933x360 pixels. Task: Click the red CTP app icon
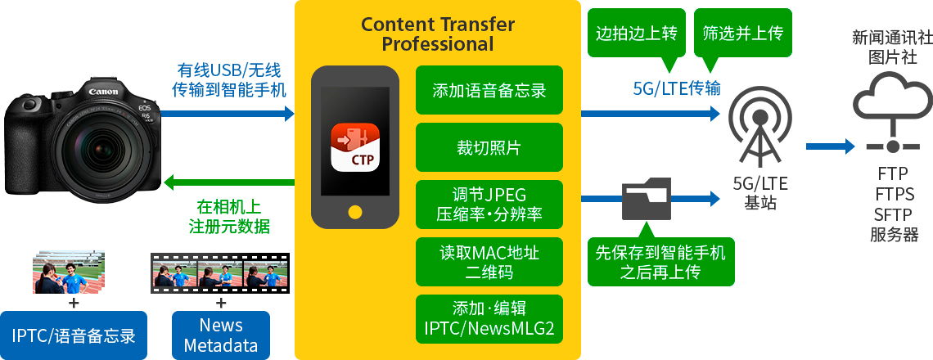pos(355,147)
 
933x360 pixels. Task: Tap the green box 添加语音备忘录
pos(489,91)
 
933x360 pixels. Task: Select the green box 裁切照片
pos(489,147)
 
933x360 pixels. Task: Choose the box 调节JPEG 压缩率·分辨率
pos(489,205)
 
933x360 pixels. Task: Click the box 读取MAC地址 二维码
pos(489,262)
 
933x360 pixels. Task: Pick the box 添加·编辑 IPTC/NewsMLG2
pos(489,319)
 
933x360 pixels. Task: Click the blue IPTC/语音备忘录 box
pos(74,335)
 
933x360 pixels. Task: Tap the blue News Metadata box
pos(221,335)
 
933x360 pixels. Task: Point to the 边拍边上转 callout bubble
pos(637,36)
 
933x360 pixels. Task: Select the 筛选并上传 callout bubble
pos(742,36)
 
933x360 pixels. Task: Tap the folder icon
pos(647,198)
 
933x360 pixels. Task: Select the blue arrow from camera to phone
pos(228,113)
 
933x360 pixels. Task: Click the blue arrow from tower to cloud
pos(830,146)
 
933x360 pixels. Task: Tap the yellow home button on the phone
pos(355,211)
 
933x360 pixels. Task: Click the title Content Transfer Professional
pos(437,34)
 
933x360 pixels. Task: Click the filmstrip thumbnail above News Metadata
pos(220,273)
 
